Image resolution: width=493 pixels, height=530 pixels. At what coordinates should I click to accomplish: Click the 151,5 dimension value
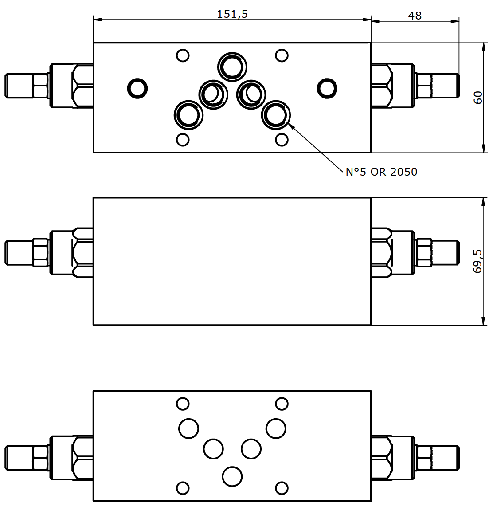(x=232, y=14)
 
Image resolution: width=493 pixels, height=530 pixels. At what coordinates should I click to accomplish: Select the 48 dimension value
(x=415, y=16)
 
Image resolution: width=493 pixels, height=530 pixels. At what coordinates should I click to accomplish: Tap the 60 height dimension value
(x=478, y=98)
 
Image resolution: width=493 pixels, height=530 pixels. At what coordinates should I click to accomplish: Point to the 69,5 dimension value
(x=478, y=261)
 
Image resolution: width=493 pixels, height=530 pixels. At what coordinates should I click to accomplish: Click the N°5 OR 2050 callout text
(x=381, y=172)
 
